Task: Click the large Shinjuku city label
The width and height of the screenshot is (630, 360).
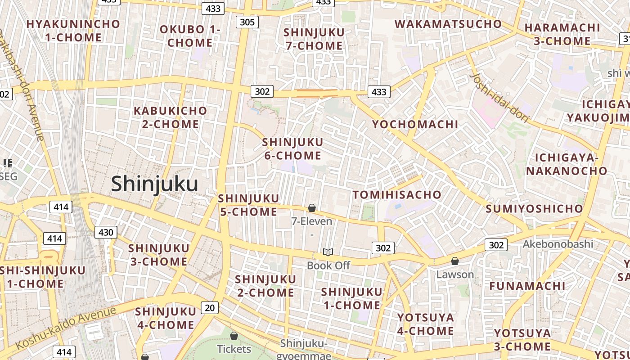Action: [x=154, y=184]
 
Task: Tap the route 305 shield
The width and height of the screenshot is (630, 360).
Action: [x=247, y=22]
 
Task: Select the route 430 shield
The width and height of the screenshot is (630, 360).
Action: [x=106, y=232]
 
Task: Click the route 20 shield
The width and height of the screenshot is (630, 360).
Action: [x=209, y=308]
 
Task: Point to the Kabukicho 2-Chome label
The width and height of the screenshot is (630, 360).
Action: [x=171, y=117]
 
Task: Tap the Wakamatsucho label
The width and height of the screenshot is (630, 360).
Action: [x=448, y=24]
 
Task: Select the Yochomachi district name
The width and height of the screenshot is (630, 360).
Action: [x=415, y=124]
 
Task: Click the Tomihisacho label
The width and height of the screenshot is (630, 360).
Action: [x=397, y=195]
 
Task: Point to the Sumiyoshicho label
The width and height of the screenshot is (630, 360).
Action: [x=534, y=209]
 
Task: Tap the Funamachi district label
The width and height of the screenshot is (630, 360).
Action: [x=527, y=286]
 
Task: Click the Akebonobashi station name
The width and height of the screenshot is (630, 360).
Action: [x=558, y=244]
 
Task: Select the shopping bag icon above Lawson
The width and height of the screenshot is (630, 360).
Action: [x=455, y=261]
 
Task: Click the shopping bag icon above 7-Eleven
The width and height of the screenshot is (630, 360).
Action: [x=311, y=208]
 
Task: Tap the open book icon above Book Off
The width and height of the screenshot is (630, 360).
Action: [x=328, y=252]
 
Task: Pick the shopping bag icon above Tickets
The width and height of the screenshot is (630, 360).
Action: [x=234, y=336]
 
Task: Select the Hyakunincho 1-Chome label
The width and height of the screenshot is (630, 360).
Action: [x=73, y=31]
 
